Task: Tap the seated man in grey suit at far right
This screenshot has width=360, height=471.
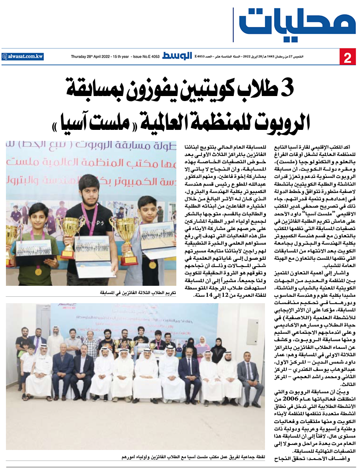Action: click(249, 375)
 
